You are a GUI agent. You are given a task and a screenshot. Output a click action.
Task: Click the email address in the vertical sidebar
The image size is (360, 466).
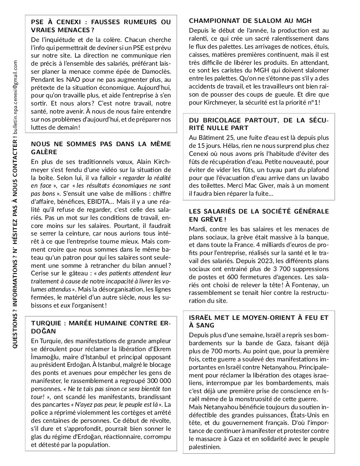point(15,96)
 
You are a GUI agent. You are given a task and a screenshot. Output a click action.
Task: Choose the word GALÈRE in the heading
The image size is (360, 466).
point(44,152)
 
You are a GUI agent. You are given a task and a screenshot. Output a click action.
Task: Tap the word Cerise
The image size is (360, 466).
point(41,274)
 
